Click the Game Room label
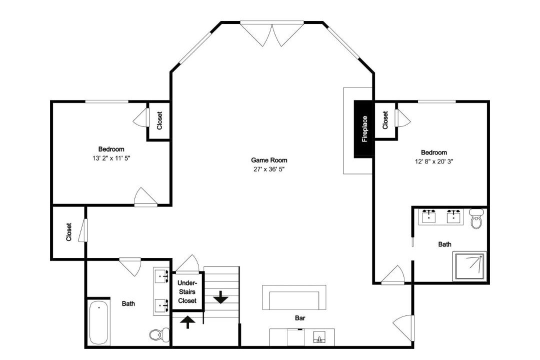pyautogui.click(x=269, y=160)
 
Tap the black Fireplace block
pyautogui.click(x=364, y=129)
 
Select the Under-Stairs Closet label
pyautogui.click(x=187, y=292)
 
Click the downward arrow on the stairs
pyautogui.click(x=221, y=297)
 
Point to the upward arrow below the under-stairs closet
pyautogui.click(x=187, y=322)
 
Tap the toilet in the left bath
pyautogui.click(x=159, y=334)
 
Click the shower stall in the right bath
pyautogui.click(x=469, y=265)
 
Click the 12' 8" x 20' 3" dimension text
pyautogui.click(x=434, y=161)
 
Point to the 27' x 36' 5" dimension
pyautogui.click(x=269, y=169)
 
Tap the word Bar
pyautogui.click(x=300, y=318)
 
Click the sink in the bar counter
pyautogui.click(x=319, y=337)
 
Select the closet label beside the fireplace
pyautogui.click(x=385, y=120)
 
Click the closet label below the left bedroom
pyautogui.click(x=69, y=232)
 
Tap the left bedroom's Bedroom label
pyautogui.click(x=111, y=149)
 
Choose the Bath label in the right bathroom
pyautogui.click(x=444, y=244)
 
